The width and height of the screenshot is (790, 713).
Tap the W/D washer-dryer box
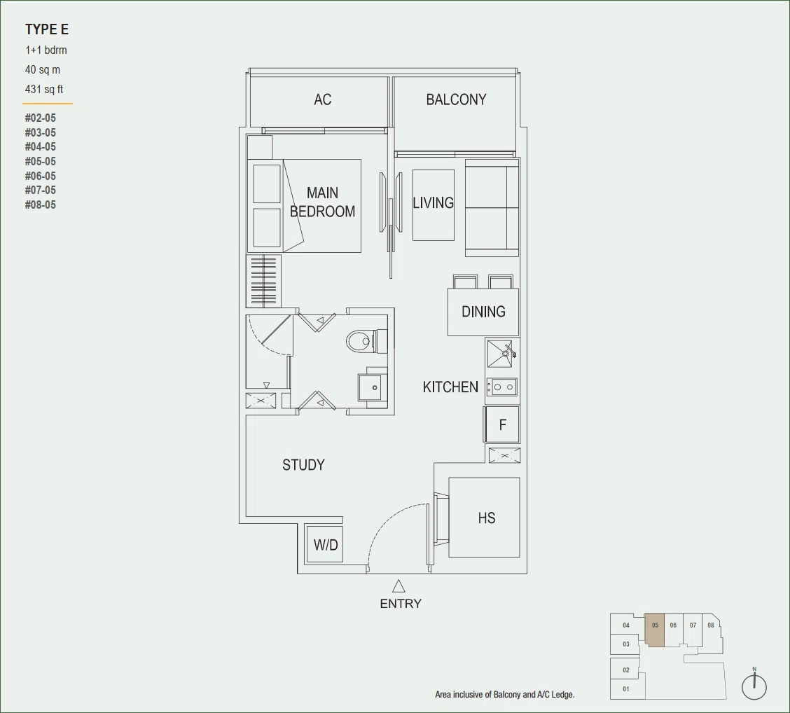click(x=325, y=544)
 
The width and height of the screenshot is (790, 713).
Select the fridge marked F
click(x=502, y=424)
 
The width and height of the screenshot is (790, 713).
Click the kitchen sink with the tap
click(x=502, y=353)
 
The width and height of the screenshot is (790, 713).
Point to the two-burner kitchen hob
click(x=502, y=387)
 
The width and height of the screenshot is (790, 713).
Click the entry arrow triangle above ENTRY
click(x=399, y=586)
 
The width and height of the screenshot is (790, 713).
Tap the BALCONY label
click(x=456, y=99)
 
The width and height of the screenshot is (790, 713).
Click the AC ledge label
click(x=322, y=99)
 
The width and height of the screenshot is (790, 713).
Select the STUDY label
click(x=303, y=464)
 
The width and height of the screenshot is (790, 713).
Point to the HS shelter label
click(x=487, y=518)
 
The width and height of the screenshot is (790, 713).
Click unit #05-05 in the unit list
click(x=41, y=161)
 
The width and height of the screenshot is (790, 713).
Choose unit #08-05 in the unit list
click(x=41, y=205)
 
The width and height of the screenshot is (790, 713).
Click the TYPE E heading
click(x=47, y=29)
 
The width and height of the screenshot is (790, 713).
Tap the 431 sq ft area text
click(x=44, y=89)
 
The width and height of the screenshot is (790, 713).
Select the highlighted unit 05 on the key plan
click(x=654, y=630)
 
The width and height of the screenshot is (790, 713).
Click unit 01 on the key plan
click(x=626, y=688)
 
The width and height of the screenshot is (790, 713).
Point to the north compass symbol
click(x=754, y=684)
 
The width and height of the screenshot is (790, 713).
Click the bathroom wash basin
click(x=373, y=387)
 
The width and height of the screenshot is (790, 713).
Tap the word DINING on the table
click(x=483, y=312)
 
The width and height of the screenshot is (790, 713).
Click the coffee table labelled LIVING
click(x=434, y=205)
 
